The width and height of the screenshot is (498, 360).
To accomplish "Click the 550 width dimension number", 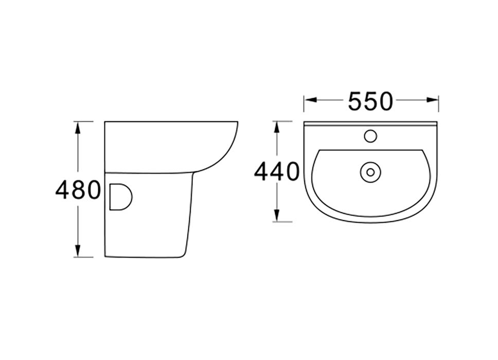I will pyautogui.click(x=370, y=101).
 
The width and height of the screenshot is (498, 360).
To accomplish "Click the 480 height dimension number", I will pyautogui.click(x=78, y=190).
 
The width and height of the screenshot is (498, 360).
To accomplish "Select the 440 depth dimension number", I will pyautogui.click(x=276, y=172).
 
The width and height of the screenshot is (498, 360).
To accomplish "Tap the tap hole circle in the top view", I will pyautogui.click(x=370, y=136).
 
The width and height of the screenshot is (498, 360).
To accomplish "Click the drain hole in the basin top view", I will pyautogui.click(x=369, y=172).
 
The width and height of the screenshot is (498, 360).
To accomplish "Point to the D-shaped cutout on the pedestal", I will pyautogui.click(x=120, y=196).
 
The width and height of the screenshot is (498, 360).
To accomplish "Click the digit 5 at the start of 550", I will pyautogui.click(x=355, y=101).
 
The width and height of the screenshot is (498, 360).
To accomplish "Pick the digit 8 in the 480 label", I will pyautogui.click(x=78, y=190).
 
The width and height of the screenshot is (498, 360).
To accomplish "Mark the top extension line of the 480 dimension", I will pyautogui.click(x=85, y=121).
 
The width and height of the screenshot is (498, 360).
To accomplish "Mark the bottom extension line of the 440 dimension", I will pyautogui.click(x=283, y=222).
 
